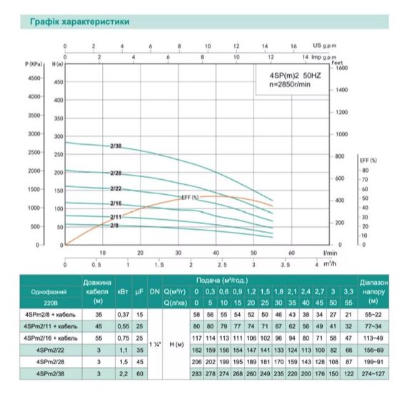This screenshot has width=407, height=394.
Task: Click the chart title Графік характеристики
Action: click(80, 22)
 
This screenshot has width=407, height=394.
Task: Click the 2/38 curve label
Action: click(116, 147)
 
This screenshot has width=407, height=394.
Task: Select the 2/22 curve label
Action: click(116, 188)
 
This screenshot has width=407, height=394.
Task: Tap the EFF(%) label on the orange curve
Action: click(189, 196)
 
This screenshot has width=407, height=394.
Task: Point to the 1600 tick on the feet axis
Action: click(341, 69)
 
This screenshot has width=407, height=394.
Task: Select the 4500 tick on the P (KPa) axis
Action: click(35, 78)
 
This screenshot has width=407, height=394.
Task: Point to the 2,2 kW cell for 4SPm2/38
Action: click(122, 373)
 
